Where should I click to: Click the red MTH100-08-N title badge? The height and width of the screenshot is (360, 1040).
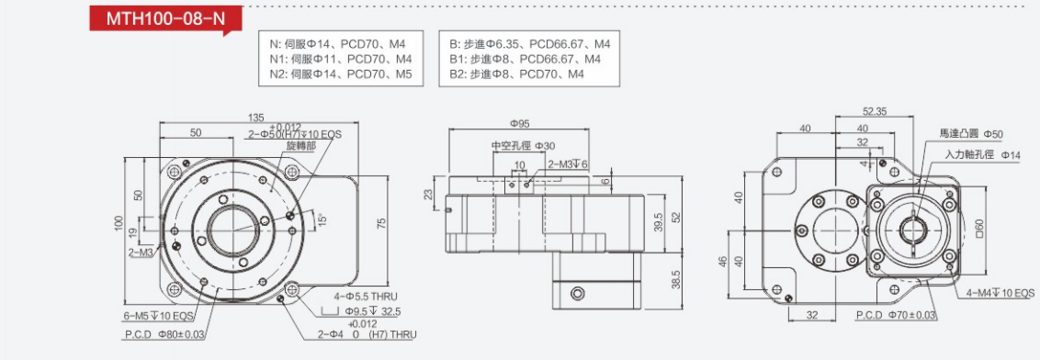[165, 19]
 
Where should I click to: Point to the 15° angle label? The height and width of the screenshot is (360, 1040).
[321, 219]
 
